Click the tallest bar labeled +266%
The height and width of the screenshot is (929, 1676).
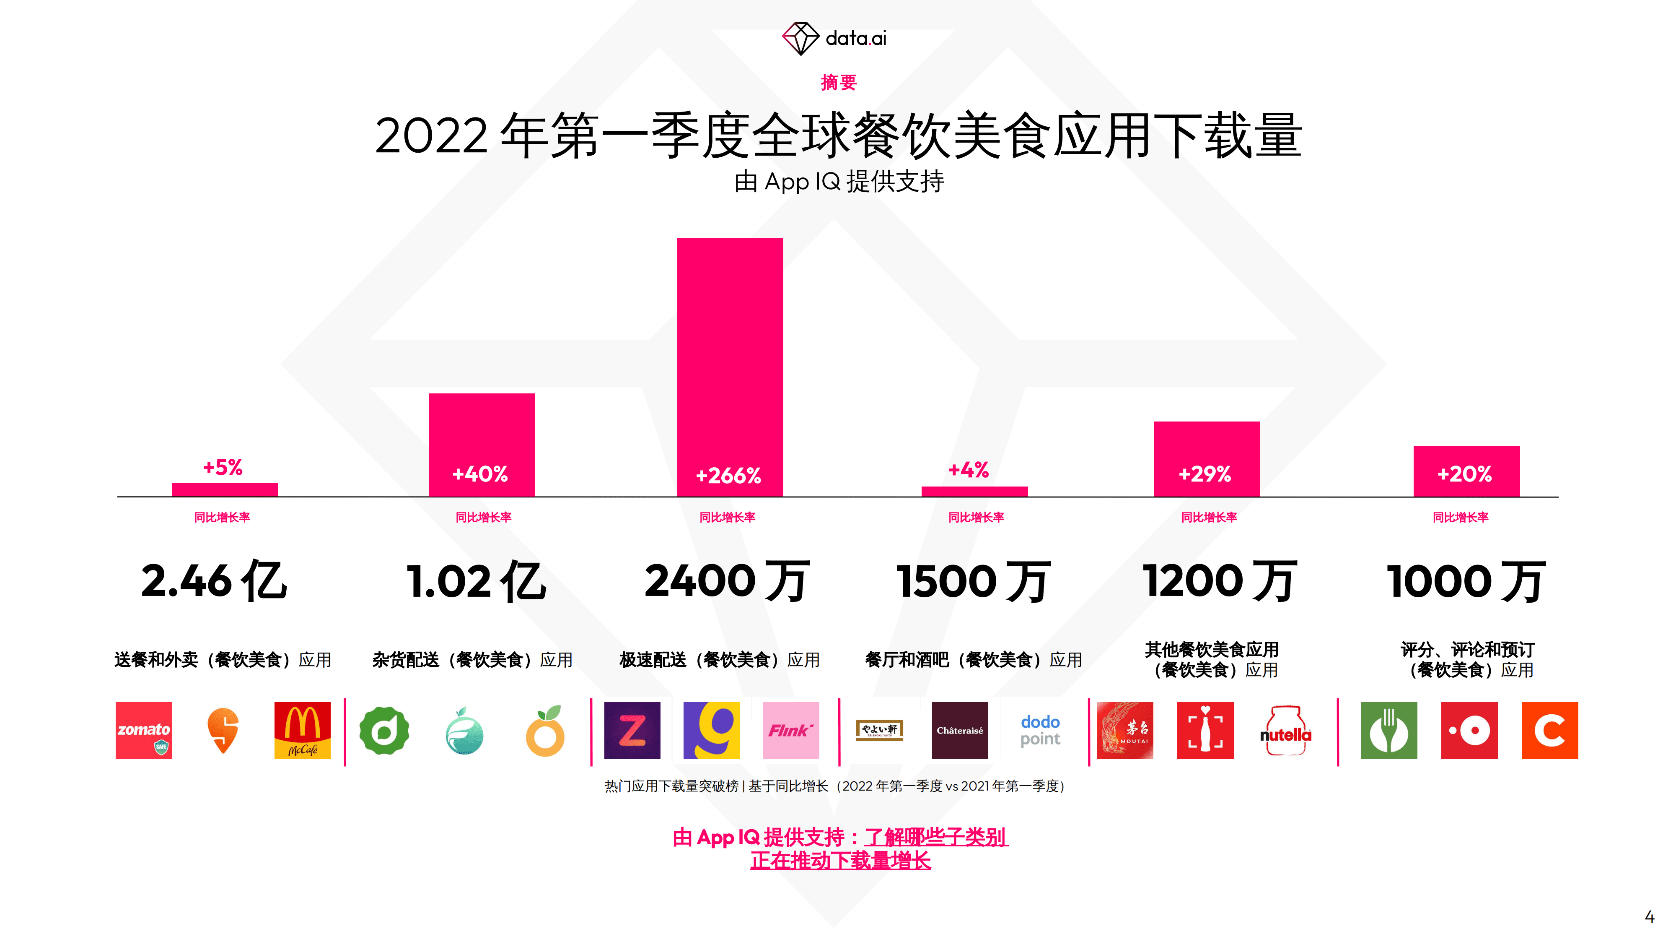(x=729, y=364)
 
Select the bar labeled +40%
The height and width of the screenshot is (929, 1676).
(x=482, y=443)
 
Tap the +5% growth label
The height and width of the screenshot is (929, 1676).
(x=223, y=467)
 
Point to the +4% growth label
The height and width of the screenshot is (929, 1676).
(x=968, y=469)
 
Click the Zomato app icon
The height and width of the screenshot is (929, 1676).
(x=144, y=730)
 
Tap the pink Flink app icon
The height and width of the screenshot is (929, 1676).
(x=790, y=730)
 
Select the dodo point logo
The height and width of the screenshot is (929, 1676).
(x=1040, y=730)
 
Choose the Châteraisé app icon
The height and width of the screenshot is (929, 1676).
(x=960, y=730)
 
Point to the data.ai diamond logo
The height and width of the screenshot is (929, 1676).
(x=800, y=39)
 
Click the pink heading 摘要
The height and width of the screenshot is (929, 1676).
(x=838, y=83)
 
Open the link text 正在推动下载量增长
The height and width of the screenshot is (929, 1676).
(x=840, y=861)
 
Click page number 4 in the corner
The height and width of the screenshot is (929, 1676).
(x=1649, y=916)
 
